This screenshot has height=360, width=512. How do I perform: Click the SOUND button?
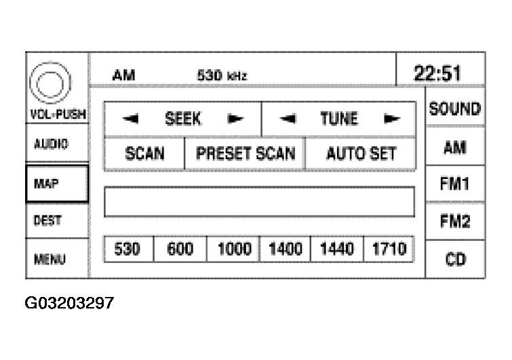454,108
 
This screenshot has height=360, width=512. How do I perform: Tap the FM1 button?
454,184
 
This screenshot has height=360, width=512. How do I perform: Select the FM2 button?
454,222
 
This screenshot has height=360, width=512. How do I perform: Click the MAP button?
57,183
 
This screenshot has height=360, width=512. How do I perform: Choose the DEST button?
57,220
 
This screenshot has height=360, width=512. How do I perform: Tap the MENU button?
57,258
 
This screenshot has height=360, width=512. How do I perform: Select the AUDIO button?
57,144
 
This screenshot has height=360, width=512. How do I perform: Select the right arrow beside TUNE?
391,119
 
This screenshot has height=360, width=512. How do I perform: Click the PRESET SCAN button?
245,154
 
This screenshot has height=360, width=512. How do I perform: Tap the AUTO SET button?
361,154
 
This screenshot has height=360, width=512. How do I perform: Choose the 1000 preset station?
233,249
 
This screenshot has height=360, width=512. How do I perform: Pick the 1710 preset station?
389,249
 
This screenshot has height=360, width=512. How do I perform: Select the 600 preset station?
180,249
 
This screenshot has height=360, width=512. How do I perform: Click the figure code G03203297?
70,303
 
